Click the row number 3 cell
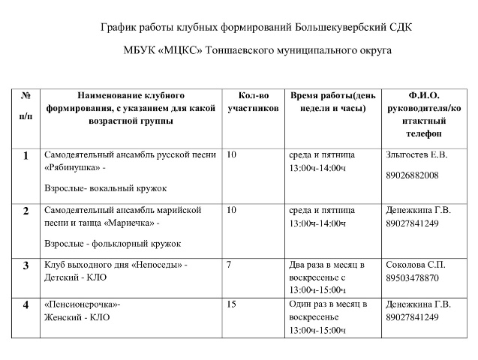point(26,265)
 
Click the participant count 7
point(229,265)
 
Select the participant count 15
point(231,304)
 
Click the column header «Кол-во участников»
point(253,102)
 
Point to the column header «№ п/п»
point(26,106)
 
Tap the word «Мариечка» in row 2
point(131,223)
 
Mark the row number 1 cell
point(26,155)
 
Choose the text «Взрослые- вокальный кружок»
point(105,187)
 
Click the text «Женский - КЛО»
point(77,317)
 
